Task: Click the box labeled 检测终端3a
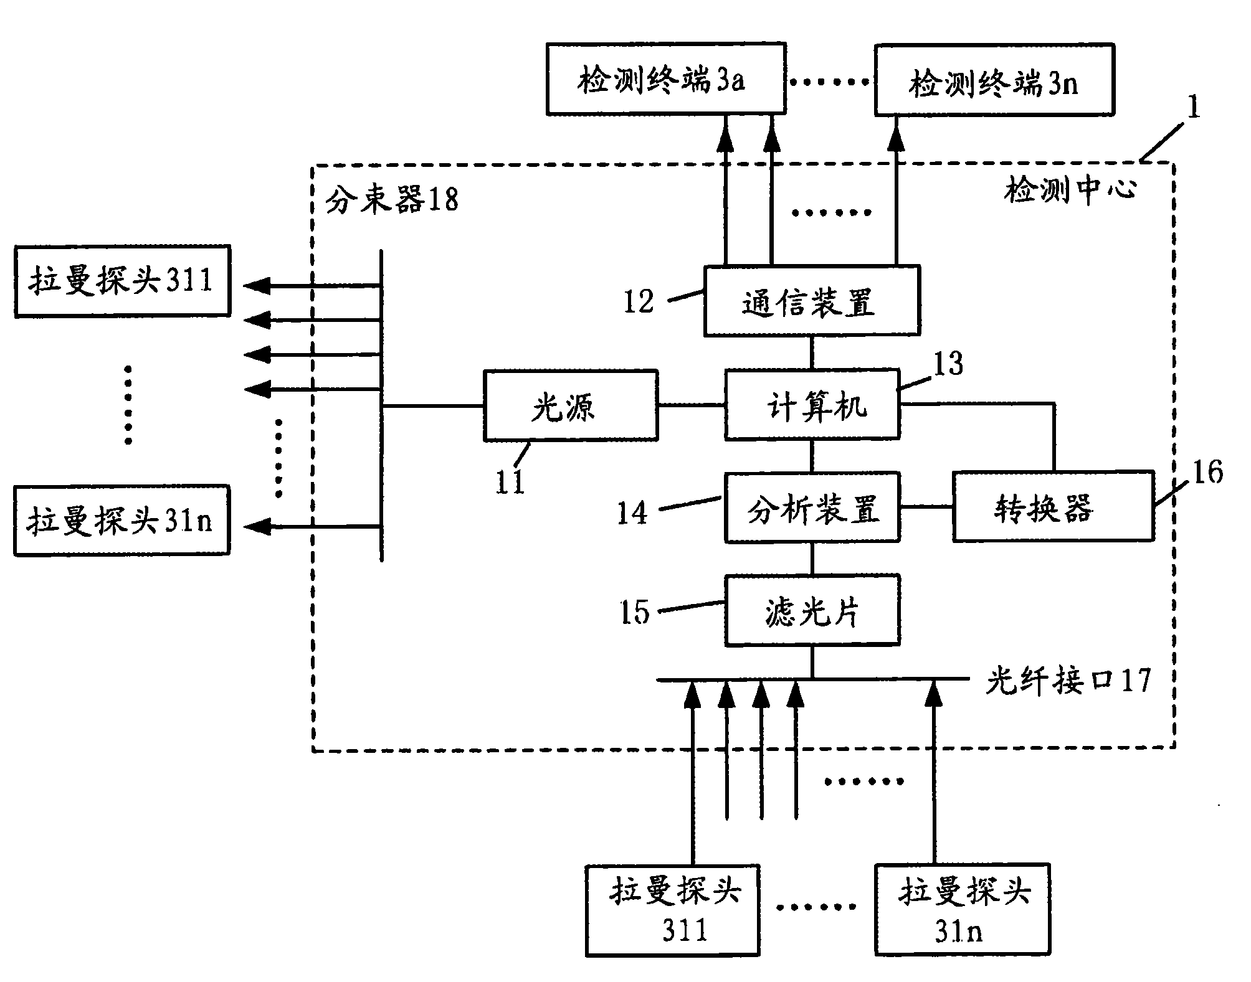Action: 665,79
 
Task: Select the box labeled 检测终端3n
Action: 994,80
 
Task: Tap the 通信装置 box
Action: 811,301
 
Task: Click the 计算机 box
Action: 812,405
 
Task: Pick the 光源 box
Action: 570,406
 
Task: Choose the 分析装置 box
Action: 812,508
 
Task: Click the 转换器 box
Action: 1053,506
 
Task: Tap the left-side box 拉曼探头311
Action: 122,281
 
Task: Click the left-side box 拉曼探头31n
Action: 121,521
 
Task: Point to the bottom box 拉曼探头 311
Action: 672,910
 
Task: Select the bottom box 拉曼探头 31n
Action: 962,910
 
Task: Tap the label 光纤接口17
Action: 1067,680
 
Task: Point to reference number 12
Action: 639,302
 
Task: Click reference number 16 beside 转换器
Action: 1207,472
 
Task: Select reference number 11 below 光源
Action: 510,483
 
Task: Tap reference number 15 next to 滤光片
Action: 635,611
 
